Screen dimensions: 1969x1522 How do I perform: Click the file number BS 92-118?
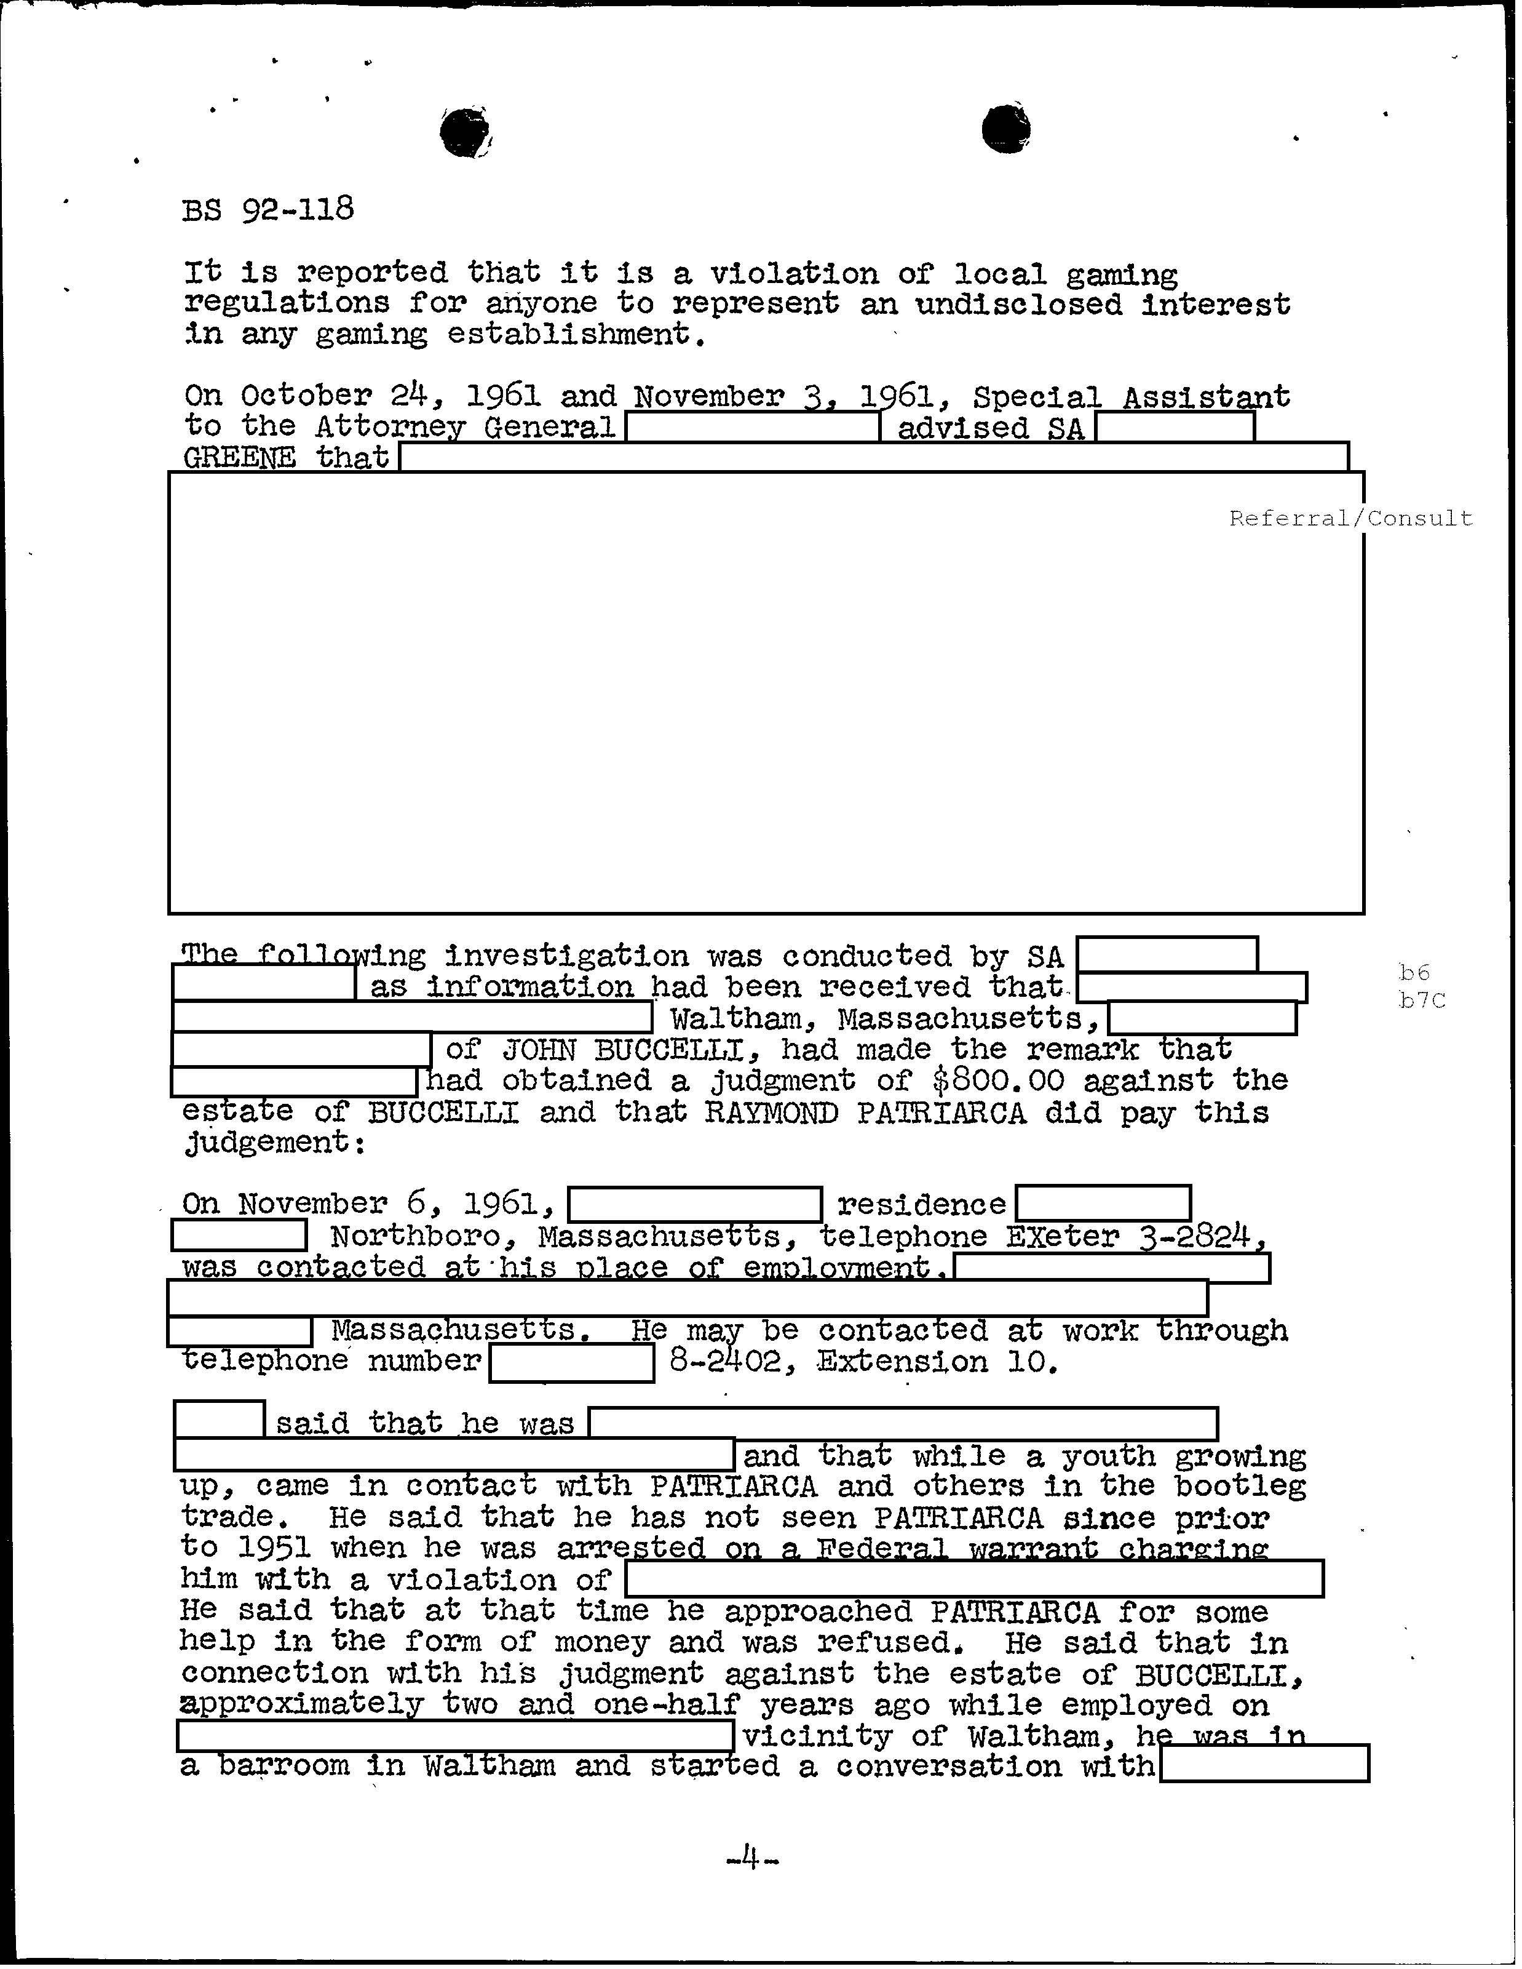pos(268,210)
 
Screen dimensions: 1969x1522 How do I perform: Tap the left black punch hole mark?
pos(464,132)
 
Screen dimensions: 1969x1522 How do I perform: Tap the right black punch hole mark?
pos(1005,128)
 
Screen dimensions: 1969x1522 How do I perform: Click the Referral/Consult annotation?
pos(1350,518)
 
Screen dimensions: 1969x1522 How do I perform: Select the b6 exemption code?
pos(1414,972)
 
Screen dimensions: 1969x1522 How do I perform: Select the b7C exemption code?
pos(1422,1000)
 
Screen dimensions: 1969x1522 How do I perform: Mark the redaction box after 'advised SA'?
pos(1174,426)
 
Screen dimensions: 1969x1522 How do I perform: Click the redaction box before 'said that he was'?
pos(219,1420)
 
